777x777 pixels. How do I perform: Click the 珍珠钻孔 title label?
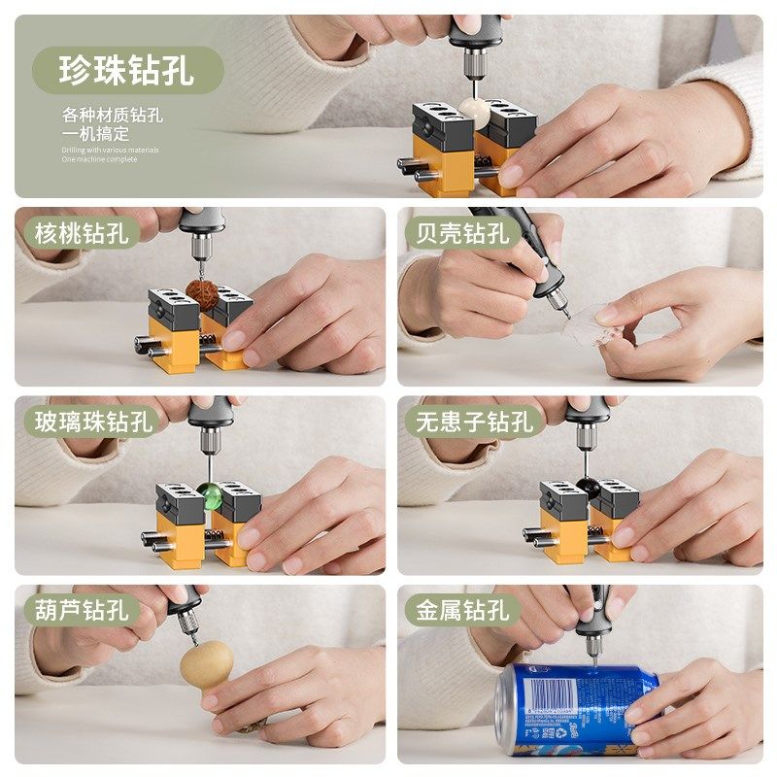point(127,70)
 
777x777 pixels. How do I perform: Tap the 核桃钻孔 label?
point(82,233)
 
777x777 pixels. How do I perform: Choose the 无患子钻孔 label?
point(475,422)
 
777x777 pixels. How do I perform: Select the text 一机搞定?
point(95,134)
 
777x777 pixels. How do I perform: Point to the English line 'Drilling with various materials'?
point(110,150)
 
